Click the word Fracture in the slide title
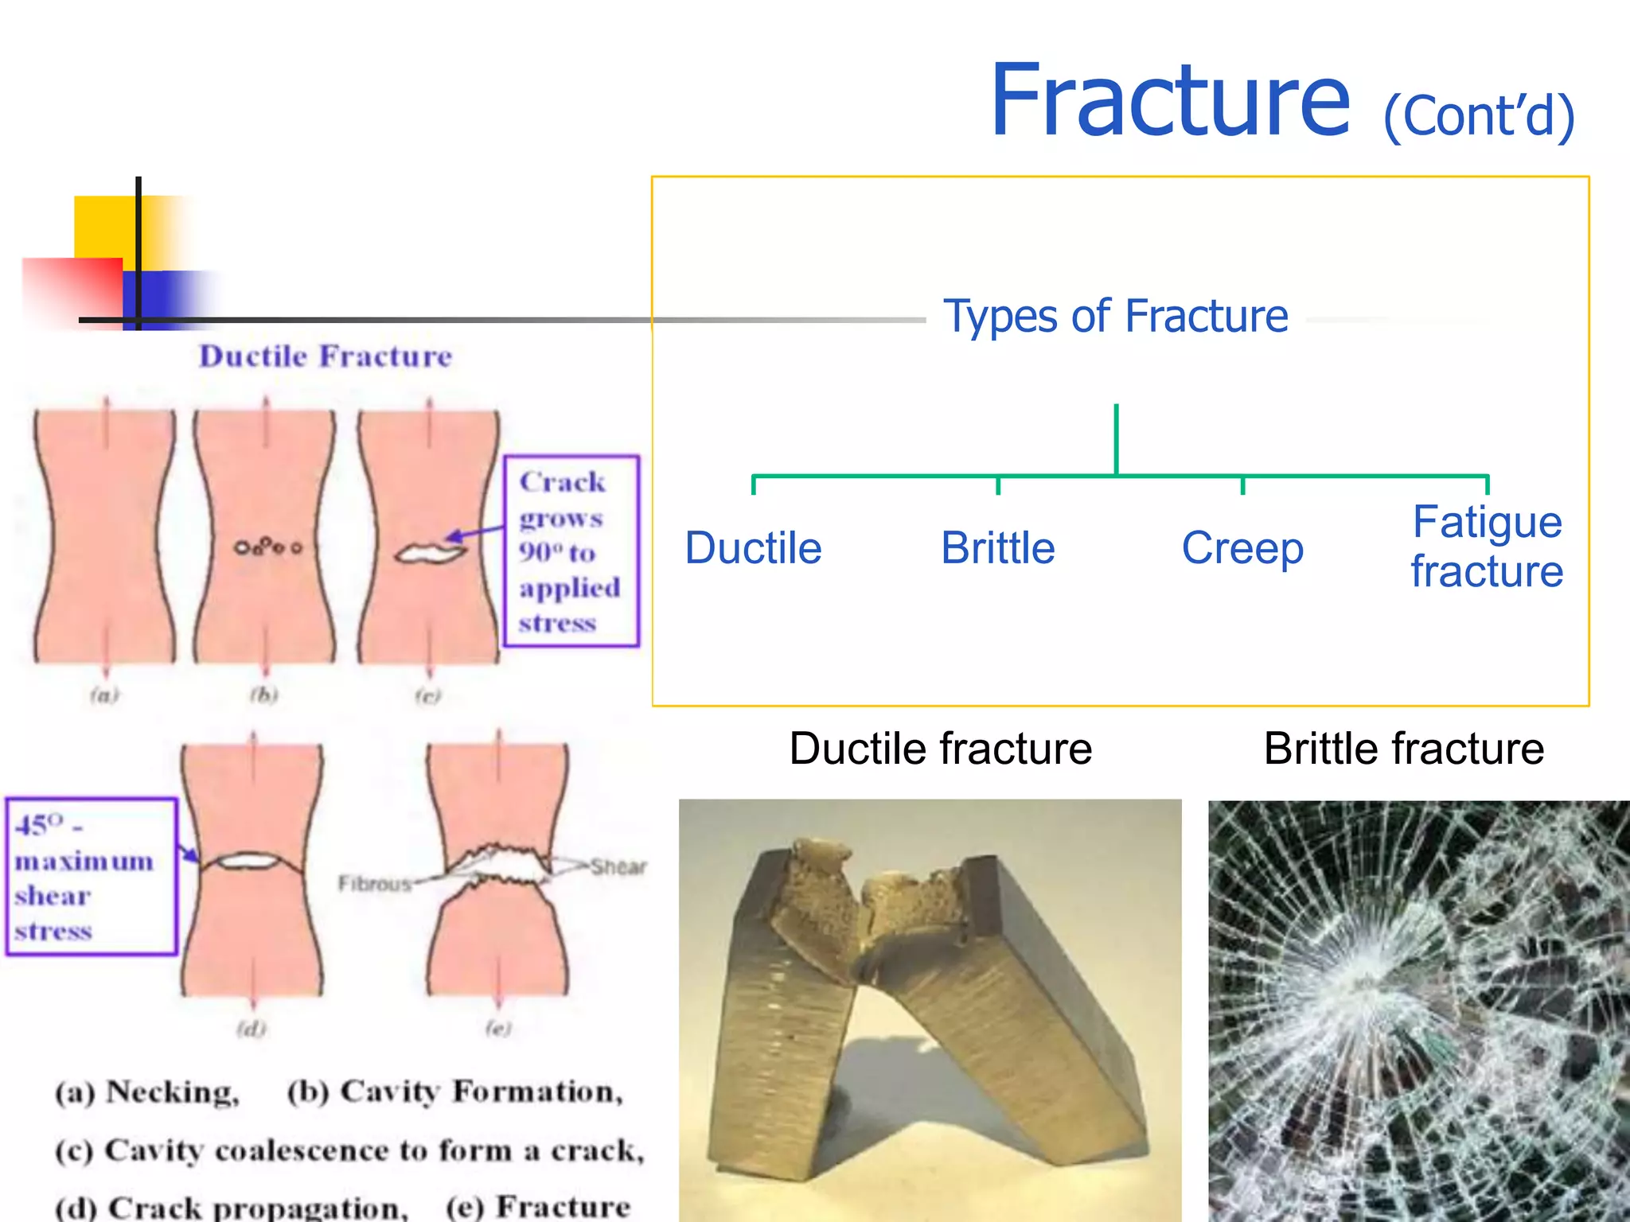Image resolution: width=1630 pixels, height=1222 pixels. point(1170,101)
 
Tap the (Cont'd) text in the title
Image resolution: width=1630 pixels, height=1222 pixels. point(1479,116)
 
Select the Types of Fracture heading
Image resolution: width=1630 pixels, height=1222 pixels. point(1115,316)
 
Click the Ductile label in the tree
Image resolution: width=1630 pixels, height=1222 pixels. point(753,548)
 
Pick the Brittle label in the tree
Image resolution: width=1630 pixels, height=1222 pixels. point(998,548)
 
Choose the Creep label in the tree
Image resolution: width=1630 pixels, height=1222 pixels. point(1242,548)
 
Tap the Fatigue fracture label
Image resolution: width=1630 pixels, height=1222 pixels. point(1487,547)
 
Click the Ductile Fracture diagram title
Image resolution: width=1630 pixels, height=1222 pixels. point(326,356)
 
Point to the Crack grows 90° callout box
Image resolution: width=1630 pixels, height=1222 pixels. point(571,551)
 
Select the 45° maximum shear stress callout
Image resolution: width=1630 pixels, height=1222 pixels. point(90,876)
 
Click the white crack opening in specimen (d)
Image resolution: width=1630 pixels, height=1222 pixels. point(248,861)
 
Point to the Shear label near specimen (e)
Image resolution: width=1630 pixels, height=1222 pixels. point(618,866)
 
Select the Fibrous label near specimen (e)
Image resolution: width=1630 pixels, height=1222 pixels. point(373,884)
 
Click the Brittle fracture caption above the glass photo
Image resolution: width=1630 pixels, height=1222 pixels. point(1403,749)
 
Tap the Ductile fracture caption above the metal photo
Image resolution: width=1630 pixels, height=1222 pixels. point(941,749)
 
